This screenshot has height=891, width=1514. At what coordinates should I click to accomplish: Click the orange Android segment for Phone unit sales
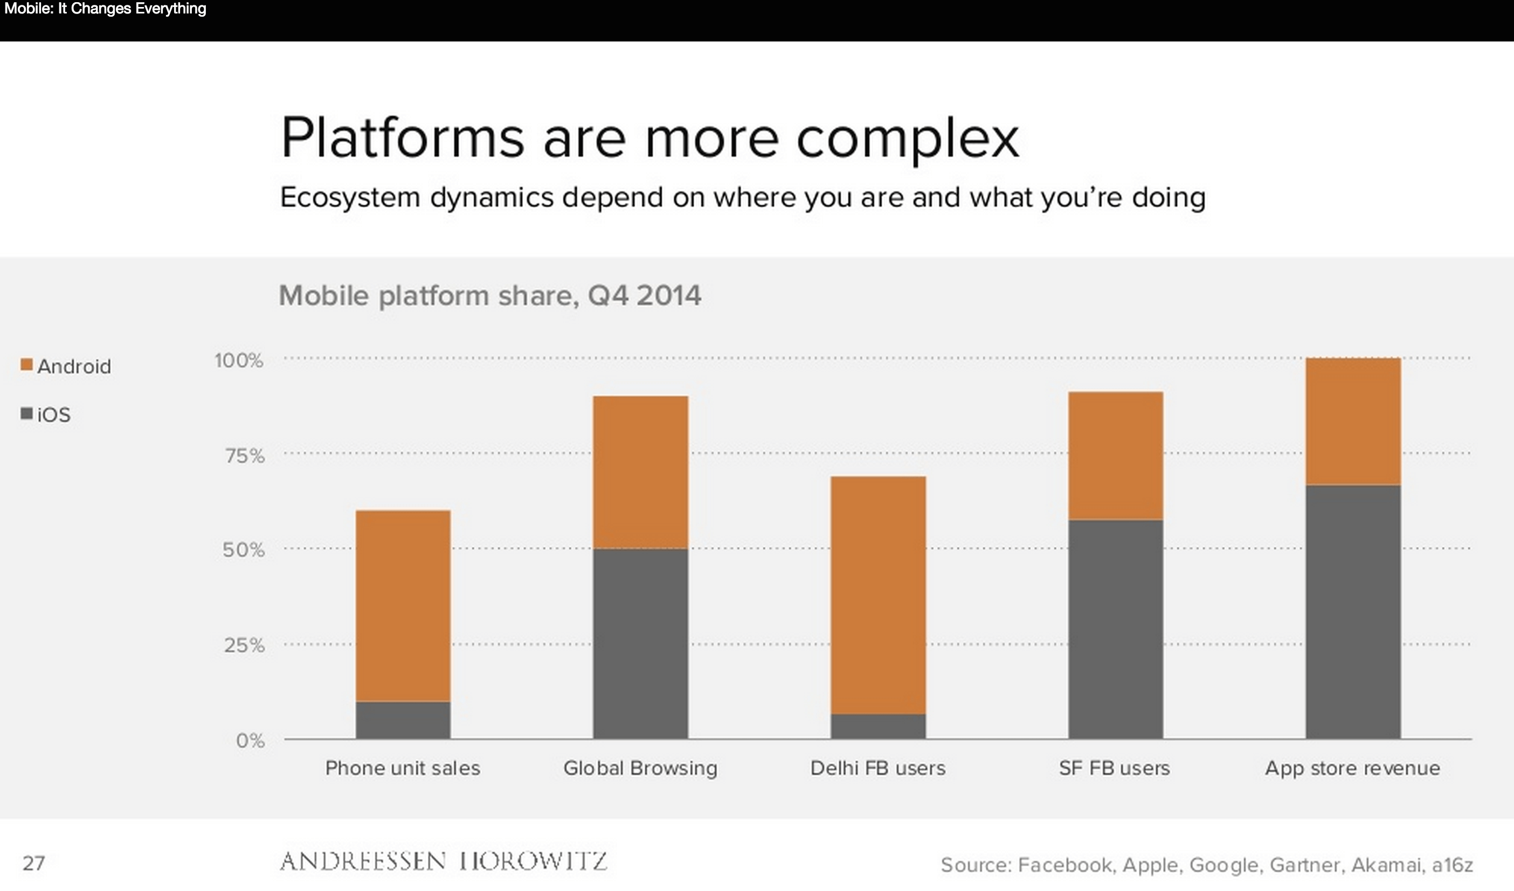click(x=403, y=605)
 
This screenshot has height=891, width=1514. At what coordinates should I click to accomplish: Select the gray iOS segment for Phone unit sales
click(x=403, y=720)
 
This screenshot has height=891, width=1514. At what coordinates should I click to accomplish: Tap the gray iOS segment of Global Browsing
click(x=640, y=643)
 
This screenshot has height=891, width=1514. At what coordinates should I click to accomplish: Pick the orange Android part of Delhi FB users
click(x=878, y=594)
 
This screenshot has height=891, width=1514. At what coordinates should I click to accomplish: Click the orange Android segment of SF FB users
click(x=1115, y=455)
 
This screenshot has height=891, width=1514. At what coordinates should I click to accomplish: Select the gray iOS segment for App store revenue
click(x=1353, y=611)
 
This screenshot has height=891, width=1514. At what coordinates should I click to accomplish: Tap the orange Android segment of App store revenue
click(x=1353, y=421)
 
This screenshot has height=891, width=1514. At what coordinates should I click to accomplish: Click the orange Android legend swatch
click(x=26, y=365)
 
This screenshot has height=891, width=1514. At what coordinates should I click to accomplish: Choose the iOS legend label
click(x=54, y=415)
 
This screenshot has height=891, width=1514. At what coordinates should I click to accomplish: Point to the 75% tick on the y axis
click(x=245, y=456)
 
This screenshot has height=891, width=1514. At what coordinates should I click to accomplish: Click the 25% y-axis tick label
click(x=245, y=645)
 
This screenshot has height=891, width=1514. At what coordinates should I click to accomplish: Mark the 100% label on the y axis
click(x=239, y=360)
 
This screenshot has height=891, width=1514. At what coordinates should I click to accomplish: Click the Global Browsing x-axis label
click(x=640, y=768)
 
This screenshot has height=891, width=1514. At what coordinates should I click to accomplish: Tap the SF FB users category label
click(x=1115, y=768)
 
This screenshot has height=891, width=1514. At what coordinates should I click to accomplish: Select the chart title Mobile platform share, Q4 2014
click(x=489, y=295)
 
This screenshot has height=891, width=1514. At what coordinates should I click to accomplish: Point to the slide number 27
click(x=33, y=864)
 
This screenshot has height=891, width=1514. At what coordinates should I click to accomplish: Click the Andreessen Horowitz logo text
click(x=444, y=861)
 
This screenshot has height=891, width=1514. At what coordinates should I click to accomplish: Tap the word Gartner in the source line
click(x=1305, y=865)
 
